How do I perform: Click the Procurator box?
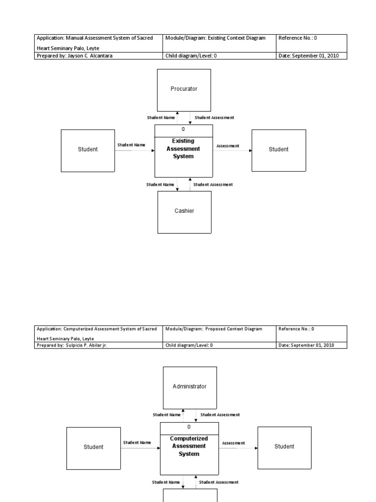[184, 90]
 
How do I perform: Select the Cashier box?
[185, 212]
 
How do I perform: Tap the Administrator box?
[190, 388]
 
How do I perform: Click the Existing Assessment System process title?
[183, 149]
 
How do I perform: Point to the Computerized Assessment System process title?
[189, 446]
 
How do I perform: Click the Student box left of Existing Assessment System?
[88, 151]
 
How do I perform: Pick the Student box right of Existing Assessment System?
[279, 151]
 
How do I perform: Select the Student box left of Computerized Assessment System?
[94, 448]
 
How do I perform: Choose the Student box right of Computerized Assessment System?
[284, 448]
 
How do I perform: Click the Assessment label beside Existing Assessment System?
[228, 146]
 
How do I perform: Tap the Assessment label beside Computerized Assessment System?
[234, 443]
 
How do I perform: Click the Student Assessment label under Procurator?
[214, 118]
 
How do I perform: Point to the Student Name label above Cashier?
[160, 185]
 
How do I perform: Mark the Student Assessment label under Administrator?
[220, 415]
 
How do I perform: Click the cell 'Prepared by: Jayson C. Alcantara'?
[98, 56]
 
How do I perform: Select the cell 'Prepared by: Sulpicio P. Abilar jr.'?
[98, 345]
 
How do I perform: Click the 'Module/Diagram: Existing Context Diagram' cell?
[219, 43]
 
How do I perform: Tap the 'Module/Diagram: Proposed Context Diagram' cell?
[219, 333]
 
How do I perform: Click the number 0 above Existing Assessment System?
[183, 129]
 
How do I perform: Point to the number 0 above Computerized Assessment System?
[189, 427]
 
